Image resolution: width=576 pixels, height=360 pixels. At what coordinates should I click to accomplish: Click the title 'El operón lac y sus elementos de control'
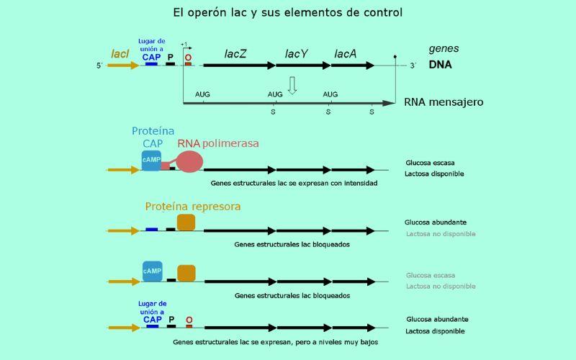[x=288, y=12]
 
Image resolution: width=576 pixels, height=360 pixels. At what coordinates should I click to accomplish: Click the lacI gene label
[x=120, y=53]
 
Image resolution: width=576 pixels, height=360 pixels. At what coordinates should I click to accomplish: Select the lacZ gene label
[x=235, y=53]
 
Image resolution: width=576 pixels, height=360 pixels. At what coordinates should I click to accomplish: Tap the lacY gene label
[x=296, y=53]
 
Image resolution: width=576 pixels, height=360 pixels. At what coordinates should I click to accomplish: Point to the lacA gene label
[x=346, y=53]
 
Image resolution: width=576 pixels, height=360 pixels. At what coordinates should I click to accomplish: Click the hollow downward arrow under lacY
[x=292, y=85]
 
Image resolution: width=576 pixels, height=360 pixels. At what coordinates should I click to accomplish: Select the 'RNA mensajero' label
[x=444, y=102]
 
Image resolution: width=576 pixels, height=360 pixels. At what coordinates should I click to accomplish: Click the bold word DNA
[x=441, y=64]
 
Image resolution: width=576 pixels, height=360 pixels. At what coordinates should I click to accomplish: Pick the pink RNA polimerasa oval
[x=189, y=161]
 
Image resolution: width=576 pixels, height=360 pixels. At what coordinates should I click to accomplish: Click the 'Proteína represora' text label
[x=193, y=207]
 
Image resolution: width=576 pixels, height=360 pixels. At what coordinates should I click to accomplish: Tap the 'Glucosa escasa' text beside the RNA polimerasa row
[x=430, y=163]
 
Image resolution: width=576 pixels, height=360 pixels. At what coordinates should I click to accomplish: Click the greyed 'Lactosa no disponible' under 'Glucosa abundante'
[x=441, y=234]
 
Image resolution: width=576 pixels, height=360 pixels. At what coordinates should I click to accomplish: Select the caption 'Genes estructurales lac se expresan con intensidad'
[x=294, y=183]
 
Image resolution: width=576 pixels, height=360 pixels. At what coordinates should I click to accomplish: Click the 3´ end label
[x=413, y=66]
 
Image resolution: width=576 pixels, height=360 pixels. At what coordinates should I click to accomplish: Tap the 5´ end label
[x=100, y=66]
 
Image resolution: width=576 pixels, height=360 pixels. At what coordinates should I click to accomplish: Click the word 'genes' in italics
[x=444, y=49]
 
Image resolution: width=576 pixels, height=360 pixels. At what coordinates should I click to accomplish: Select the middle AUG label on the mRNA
[x=275, y=94]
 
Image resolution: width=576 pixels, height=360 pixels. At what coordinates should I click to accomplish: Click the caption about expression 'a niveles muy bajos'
[x=276, y=342]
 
